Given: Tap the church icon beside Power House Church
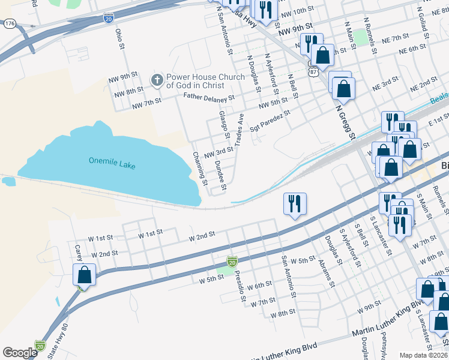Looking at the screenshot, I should point(157,80).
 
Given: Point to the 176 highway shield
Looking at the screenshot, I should point(10,23).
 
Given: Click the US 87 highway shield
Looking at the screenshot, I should point(313,71).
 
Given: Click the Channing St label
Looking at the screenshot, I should point(199,168).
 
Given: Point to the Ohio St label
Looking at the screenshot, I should point(119,38).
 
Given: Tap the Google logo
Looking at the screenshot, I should point(20,353).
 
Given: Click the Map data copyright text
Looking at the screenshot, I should point(423,355).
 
